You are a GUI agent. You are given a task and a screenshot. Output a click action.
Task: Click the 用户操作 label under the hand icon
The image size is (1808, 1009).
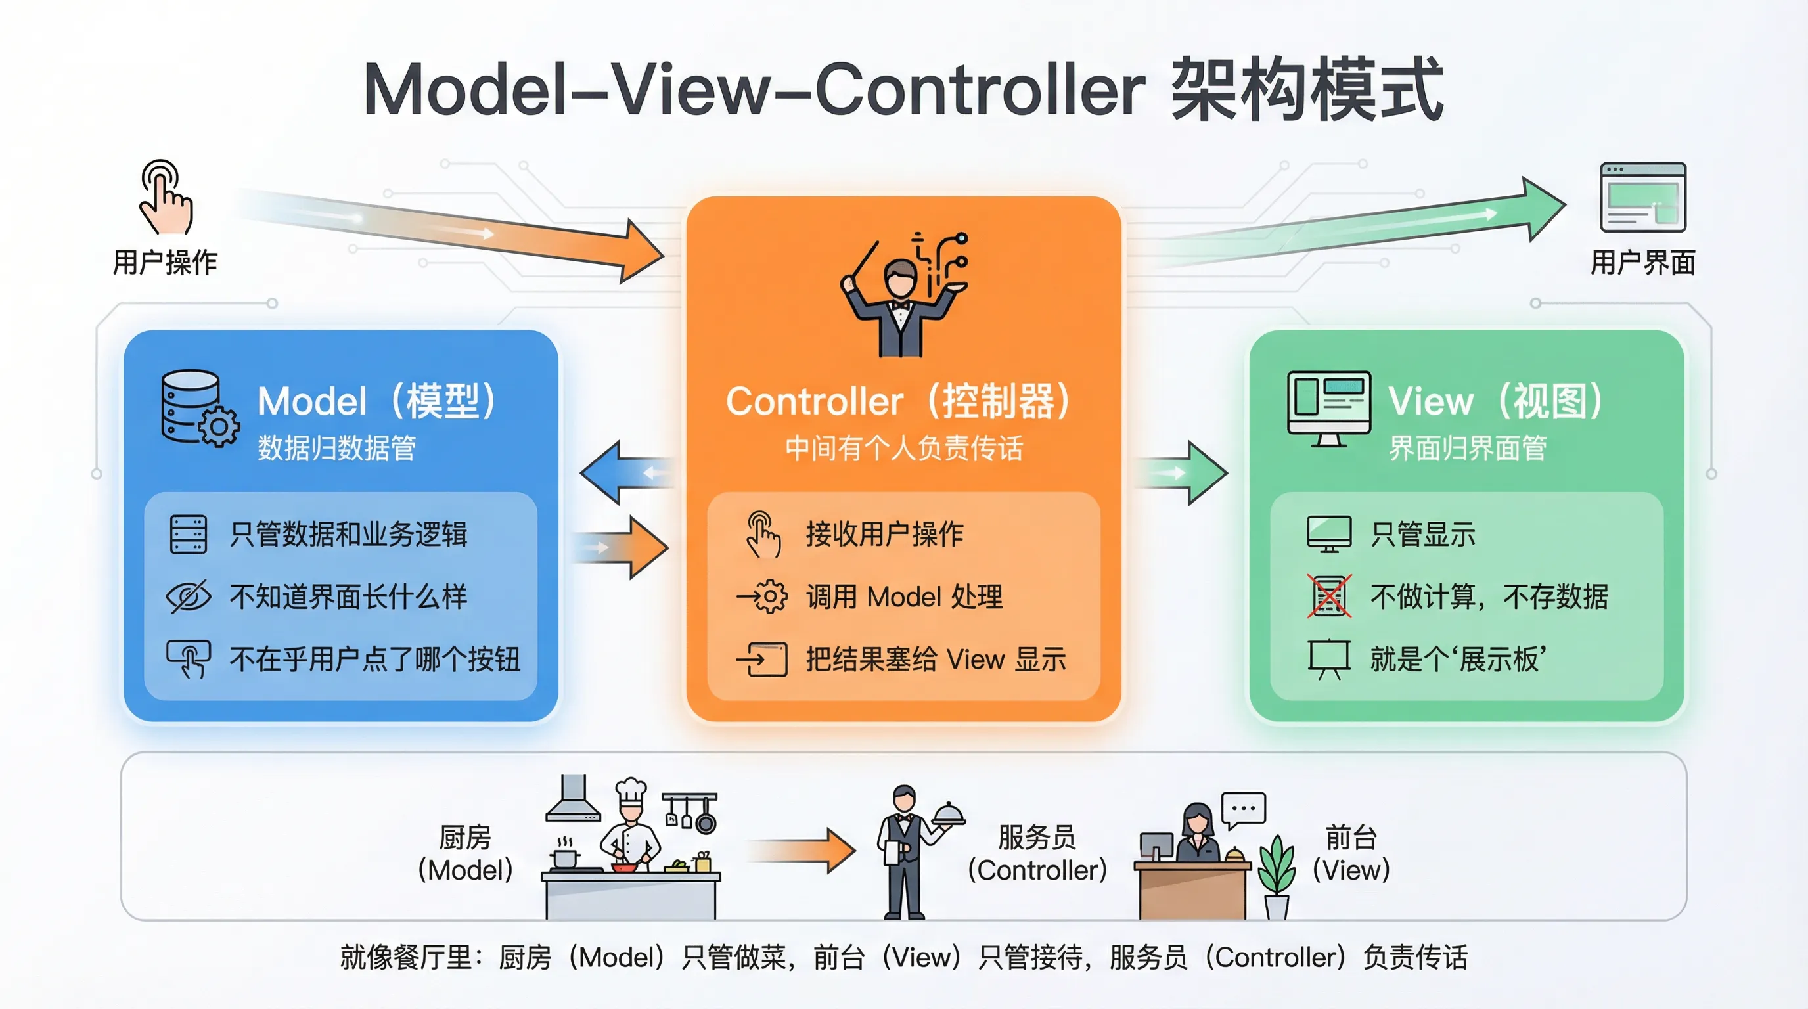coord(165,262)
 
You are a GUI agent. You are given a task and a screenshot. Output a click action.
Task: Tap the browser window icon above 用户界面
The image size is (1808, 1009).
coord(1642,197)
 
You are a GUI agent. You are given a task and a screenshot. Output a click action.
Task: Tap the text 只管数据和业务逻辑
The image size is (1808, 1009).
coord(348,534)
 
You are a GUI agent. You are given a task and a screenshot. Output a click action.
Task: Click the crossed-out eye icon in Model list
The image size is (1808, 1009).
coord(188,596)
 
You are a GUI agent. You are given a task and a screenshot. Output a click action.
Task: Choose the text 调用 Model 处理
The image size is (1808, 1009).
coord(904,597)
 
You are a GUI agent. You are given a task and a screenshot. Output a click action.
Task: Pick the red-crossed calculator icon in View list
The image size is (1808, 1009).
coord(1328,596)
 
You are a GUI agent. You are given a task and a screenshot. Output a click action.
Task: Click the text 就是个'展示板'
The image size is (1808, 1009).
coord(1458,659)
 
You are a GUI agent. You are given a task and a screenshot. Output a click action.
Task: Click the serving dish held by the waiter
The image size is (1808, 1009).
coord(949,814)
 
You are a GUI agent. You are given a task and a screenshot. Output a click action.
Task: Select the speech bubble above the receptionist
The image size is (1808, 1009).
coord(1244,809)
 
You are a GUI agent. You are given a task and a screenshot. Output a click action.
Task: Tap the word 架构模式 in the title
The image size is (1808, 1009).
coord(1306,90)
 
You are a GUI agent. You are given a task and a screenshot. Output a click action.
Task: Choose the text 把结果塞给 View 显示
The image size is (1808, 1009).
coord(936,660)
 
